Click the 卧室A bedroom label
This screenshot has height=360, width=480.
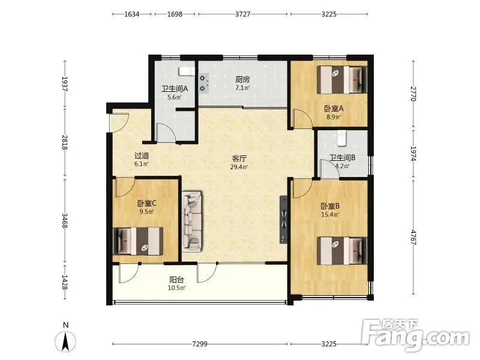[334, 109]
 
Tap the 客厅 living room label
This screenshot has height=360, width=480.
[239, 158]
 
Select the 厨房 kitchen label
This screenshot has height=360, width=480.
[242, 80]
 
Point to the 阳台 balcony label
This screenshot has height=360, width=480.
[176, 280]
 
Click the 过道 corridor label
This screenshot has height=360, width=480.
[142, 155]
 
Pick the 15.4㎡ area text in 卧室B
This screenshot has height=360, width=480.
[330, 215]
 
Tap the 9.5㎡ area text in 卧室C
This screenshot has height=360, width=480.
[146, 211]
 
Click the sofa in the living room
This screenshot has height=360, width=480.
[192, 221]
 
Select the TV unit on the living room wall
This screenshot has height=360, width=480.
[283, 220]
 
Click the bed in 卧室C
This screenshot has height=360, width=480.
[138, 241]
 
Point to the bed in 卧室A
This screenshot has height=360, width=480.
[342, 80]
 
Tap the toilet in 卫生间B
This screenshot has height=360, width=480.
[341, 138]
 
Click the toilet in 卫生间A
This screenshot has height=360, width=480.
[187, 71]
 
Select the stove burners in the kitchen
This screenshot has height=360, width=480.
[203, 83]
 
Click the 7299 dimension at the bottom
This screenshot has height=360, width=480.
[200, 344]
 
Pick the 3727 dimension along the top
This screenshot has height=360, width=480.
[243, 14]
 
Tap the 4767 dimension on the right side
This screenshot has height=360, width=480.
[413, 237]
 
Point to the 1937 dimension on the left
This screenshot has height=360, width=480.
[65, 84]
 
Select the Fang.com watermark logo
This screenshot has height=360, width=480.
[415, 335]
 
